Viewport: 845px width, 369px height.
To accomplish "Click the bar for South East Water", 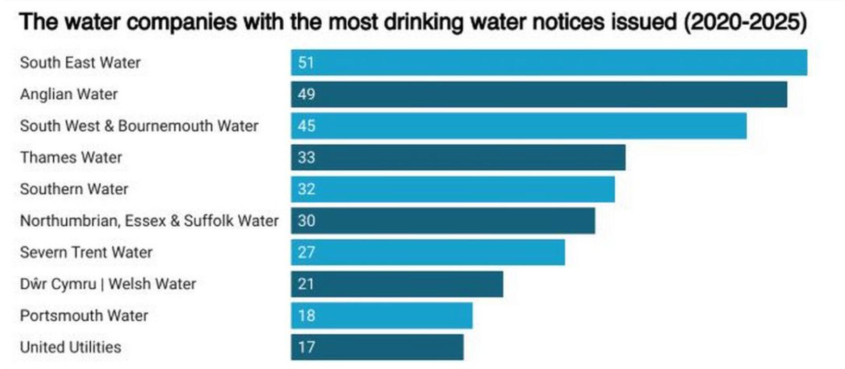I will coord(549,63).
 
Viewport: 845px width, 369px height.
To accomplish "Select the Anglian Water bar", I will coord(539,94).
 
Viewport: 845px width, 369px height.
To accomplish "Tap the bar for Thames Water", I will coord(458,157).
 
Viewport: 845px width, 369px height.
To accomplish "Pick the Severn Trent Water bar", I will coord(427,252).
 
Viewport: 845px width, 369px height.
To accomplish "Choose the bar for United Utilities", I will coord(377,347).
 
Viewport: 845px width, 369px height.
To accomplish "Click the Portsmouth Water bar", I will coord(381,315).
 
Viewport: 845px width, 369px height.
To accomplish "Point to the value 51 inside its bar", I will coord(306,63).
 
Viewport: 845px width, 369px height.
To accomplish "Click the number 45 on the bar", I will coord(307,126).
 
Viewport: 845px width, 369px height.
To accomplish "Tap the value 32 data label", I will coord(307,189).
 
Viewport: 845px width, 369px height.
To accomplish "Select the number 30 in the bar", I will coord(307,221).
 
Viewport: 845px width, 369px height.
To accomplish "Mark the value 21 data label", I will coord(306,284).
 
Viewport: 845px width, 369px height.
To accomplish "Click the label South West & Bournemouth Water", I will coord(139,126).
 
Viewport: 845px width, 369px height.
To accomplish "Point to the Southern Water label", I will coord(74,189).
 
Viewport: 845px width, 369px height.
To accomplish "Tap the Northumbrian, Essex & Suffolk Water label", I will coord(149,221).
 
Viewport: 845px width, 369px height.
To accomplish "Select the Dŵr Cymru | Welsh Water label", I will coord(108,284).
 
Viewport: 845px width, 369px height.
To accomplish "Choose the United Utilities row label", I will coord(71,347).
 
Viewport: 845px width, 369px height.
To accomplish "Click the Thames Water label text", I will coord(71,157).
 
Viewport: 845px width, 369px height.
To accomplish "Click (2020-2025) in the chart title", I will coord(745,22).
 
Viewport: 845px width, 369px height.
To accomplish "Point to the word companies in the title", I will coord(181,22).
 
